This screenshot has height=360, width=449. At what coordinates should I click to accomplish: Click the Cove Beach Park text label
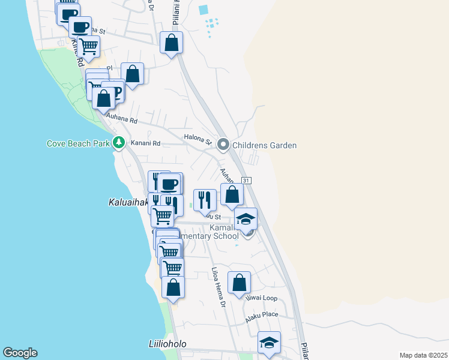click(x=79, y=143)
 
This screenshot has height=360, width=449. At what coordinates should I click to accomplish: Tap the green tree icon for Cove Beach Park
click(x=119, y=143)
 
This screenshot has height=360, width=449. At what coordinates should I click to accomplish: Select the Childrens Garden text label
click(x=265, y=145)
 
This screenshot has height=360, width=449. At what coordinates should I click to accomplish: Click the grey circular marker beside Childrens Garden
click(x=223, y=145)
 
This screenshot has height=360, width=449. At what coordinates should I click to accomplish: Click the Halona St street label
click(x=198, y=139)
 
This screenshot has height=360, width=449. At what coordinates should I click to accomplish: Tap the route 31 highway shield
click(x=246, y=181)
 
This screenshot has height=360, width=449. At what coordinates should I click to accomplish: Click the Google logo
click(x=20, y=353)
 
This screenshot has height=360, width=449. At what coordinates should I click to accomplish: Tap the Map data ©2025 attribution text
click(x=423, y=355)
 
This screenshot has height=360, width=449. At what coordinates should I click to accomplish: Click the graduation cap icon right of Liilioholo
click(x=269, y=344)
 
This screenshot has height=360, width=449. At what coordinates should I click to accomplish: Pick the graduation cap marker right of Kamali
click(x=246, y=220)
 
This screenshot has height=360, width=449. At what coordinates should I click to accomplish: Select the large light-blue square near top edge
click(x=203, y=10)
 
